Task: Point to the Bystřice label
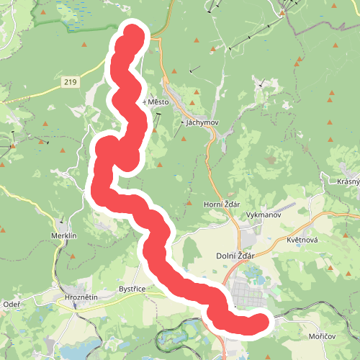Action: (132, 289)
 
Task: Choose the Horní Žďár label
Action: (222, 204)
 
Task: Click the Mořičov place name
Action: (320, 336)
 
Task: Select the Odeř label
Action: (12, 303)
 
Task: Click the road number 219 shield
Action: (69, 83)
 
